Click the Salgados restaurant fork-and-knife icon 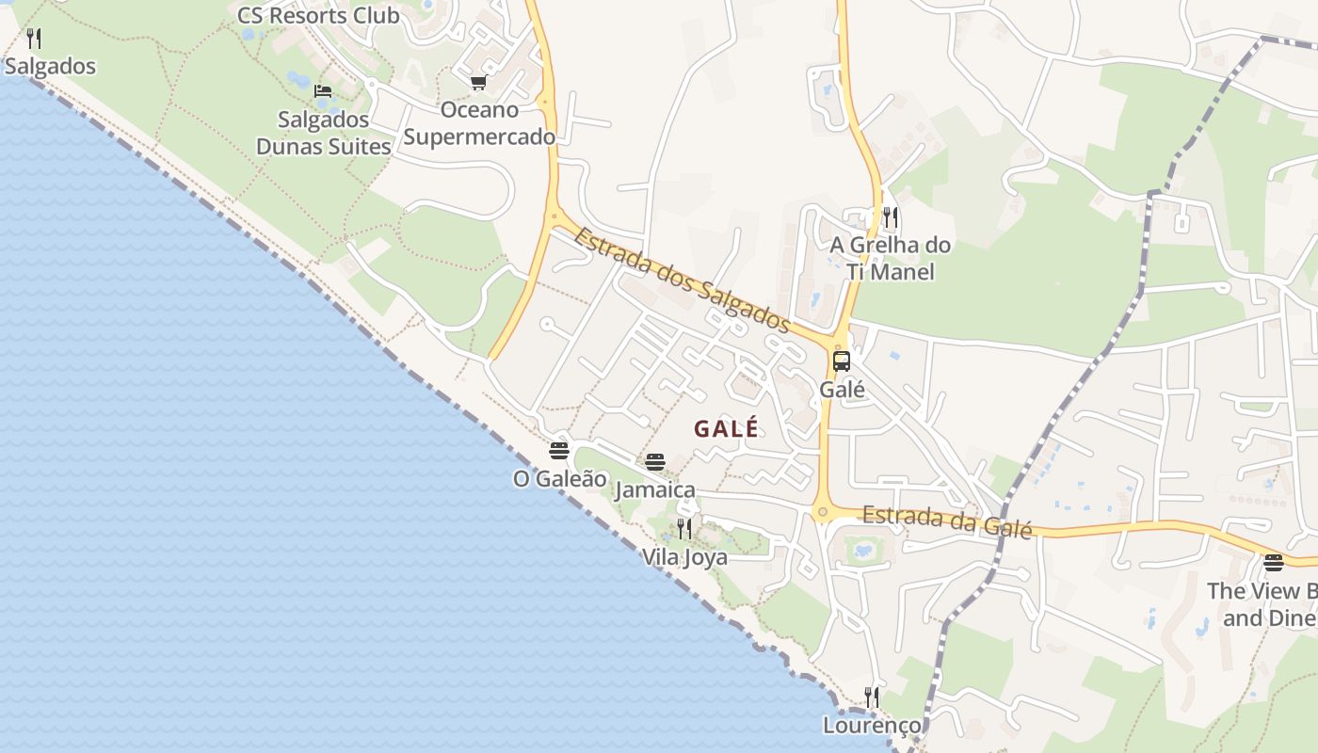[x=34, y=39]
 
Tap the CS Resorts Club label [x=318, y=16]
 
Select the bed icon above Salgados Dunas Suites [x=323, y=92]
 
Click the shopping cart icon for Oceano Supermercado [x=478, y=83]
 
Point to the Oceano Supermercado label [x=479, y=123]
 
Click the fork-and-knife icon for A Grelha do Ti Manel [x=890, y=218]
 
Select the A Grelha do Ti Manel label [x=890, y=259]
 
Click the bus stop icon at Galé [x=841, y=361]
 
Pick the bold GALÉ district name [x=726, y=429]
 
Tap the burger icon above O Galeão [x=559, y=451]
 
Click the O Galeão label [x=559, y=479]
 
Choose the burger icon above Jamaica [x=655, y=462]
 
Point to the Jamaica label [x=655, y=490]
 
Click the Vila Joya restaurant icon [x=684, y=529]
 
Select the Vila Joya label [x=684, y=557]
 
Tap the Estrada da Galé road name [x=947, y=521]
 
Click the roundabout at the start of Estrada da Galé [x=823, y=513]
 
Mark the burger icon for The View [x=1273, y=563]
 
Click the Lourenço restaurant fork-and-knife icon [x=872, y=697]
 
